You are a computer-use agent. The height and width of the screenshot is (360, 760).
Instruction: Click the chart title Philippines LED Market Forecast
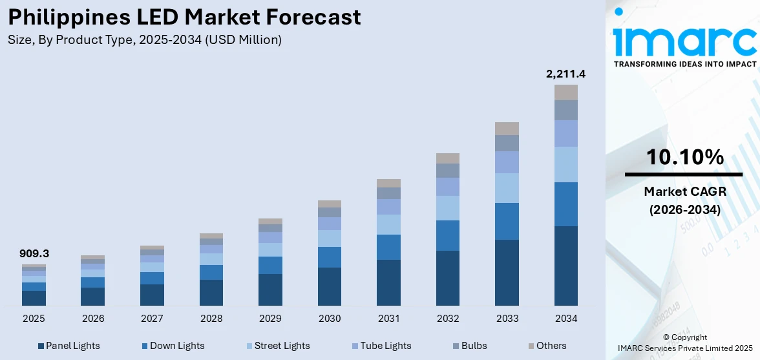point(184,17)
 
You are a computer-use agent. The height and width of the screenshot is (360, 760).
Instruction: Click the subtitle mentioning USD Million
point(145,40)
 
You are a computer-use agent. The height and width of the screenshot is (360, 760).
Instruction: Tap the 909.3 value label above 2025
point(34,254)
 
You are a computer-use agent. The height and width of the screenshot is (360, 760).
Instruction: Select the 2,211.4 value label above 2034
point(565,74)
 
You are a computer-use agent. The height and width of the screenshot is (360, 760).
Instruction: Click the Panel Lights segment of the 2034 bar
point(565,266)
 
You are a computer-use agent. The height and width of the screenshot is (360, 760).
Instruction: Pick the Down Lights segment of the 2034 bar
point(565,204)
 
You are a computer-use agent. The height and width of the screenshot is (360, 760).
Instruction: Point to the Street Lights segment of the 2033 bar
point(507,188)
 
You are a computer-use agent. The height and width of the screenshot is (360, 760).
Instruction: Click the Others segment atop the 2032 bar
point(448,158)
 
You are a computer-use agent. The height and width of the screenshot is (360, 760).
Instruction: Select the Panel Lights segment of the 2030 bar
point(330,286)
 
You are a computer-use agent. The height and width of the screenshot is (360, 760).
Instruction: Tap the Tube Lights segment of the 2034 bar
point(565,133)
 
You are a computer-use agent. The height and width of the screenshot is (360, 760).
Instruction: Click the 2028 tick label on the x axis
point(211,319)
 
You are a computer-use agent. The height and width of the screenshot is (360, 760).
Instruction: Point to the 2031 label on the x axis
point(388,319)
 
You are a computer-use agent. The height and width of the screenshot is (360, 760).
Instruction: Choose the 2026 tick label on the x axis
point(93,319)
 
